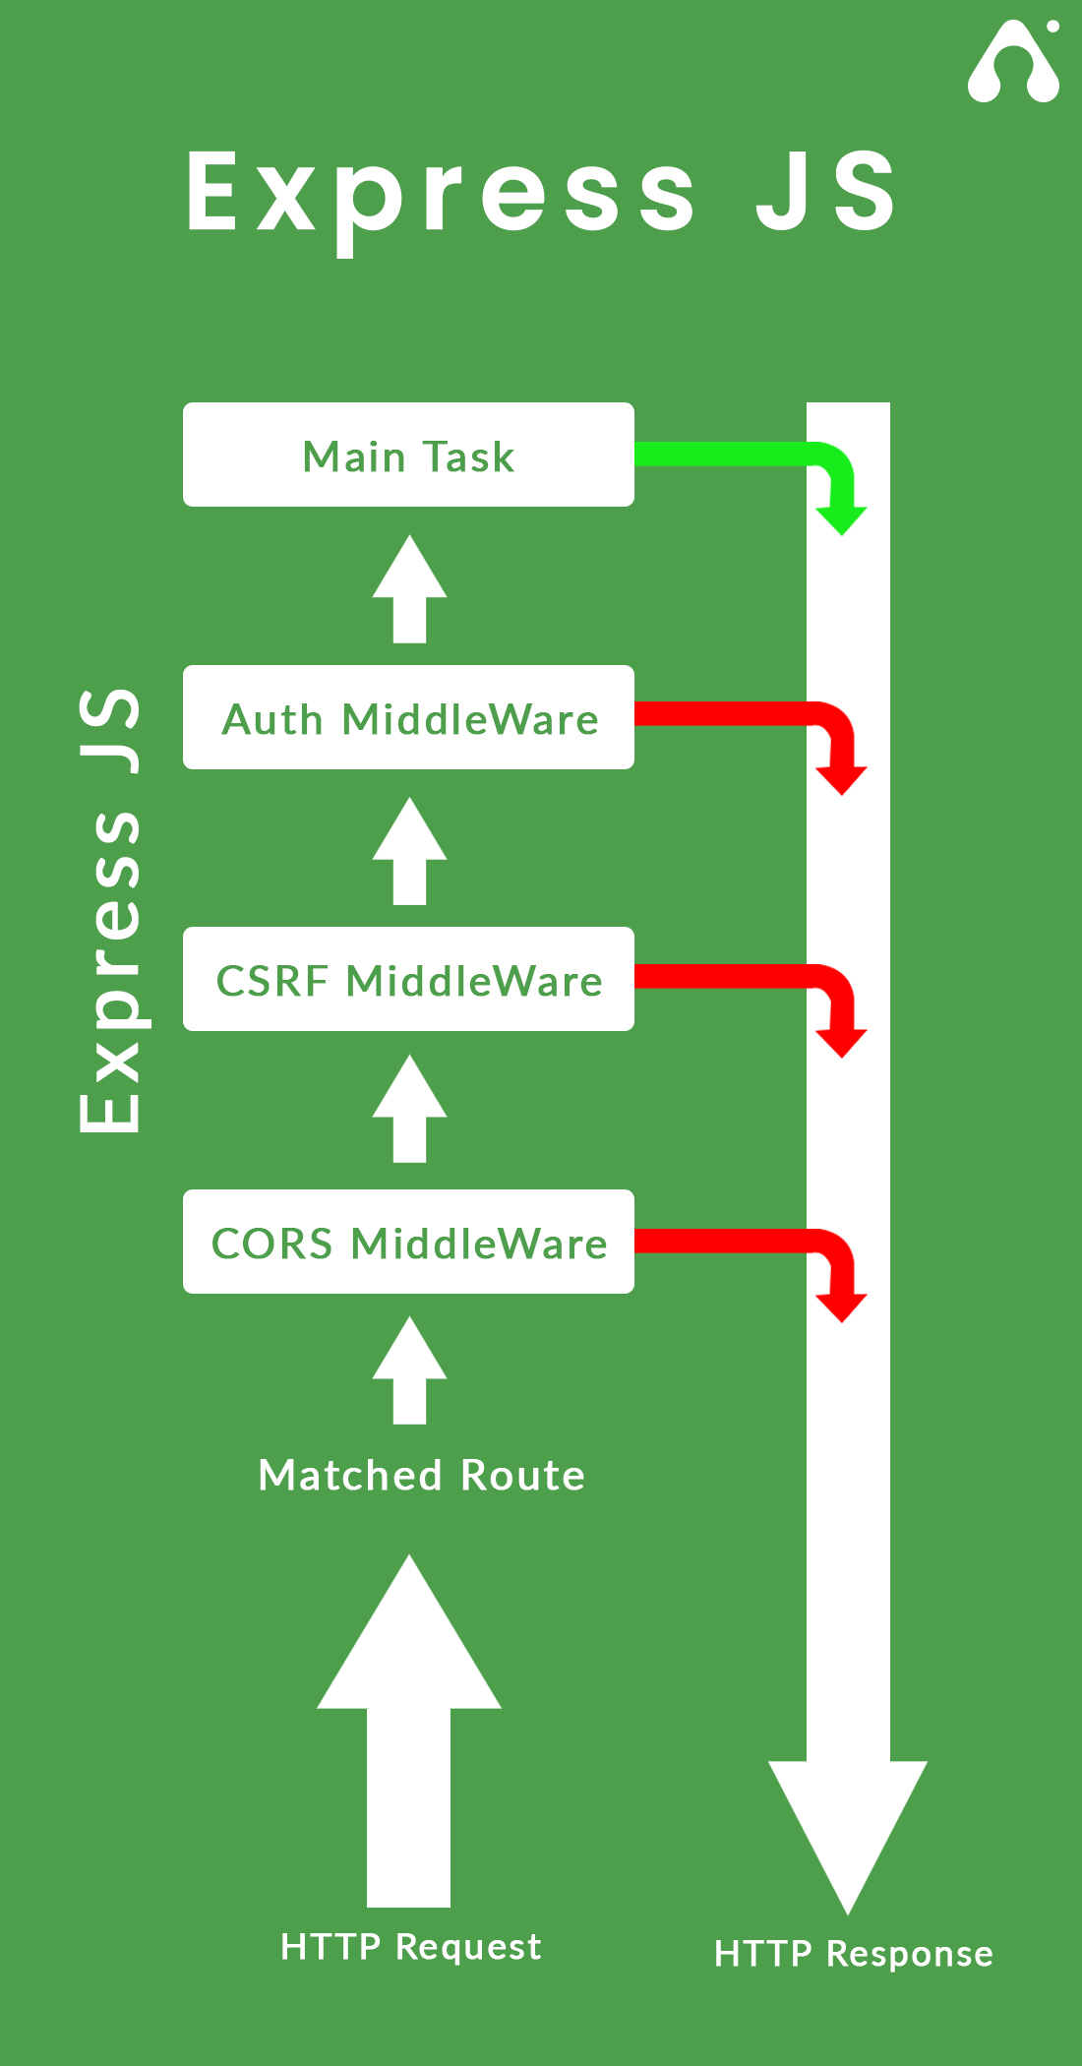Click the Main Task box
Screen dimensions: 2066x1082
pyautogui.click(x=408, y=456)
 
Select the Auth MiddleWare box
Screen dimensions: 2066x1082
pyautogui.click(x=408, y=718)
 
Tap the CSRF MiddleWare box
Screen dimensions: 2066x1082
pyautogui.click(x=408, y=980)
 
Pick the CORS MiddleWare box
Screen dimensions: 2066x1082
pyautogui.click(x=408, y=1243)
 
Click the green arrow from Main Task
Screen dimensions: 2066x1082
pyautogui.click(x=748, y=455)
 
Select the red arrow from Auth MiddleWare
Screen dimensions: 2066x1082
pyautogui.click(x=748, y=715)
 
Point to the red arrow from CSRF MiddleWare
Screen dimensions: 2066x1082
pyautogui.click(x=748, y=977)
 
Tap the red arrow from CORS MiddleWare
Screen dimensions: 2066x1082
pyautogui.click(x=748, y=1242)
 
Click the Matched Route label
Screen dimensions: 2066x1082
pyautogui.click(x=421, y=1476)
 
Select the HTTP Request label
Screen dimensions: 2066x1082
pyautogui.click(x=410, y=1947)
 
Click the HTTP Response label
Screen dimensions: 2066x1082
pyautogui.click(x=853, y=1954)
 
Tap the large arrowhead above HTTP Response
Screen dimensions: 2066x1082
pyautogui.click(x=847, y=1820)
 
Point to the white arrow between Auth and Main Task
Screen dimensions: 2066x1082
pyautogui.click(x=409, y=590)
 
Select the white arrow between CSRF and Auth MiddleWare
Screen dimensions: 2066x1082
pyautogui.click(x=409, y=852)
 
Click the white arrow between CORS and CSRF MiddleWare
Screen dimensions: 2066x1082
pyautogui.click(x=409, y=1110)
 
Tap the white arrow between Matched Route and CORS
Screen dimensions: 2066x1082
pyautogui.click(x=409, y=1371)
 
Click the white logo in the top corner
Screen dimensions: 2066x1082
pyautogui.click(x=1014, y=63)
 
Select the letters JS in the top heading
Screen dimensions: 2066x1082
pyautogui.click(x=826, y=193)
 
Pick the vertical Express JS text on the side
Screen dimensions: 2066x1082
pyautogui.click(x=110, y=910)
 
